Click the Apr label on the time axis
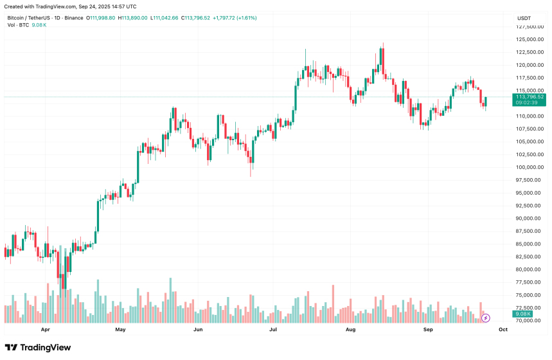point(45,329)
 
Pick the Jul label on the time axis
point(274,329)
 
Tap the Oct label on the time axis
point(503,329)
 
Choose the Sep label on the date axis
point(427,329)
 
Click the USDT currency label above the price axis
point(524,18)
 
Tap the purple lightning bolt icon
point(486,318)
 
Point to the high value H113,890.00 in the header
point(132,18)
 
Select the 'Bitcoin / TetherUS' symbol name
point(27,18)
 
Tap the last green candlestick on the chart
point(486,102)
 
